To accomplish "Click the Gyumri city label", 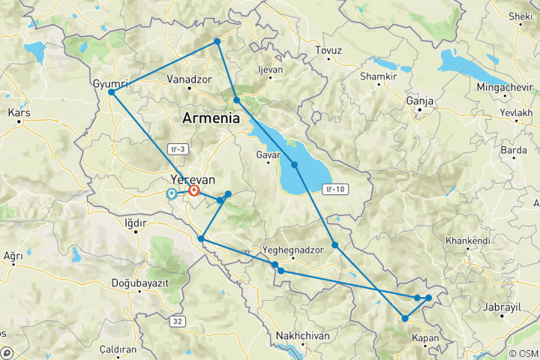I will tap(109, 82).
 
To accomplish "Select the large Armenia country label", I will tap(210, 118).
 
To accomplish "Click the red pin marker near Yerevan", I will tap(193, 190).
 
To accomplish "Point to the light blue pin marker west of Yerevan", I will tap(172, 193).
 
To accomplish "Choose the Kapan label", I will tap(425, 338).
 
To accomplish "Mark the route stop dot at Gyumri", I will tap(111, 92).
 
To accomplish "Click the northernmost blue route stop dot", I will tap(217, 41).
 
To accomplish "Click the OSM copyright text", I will tap(522, 352).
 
